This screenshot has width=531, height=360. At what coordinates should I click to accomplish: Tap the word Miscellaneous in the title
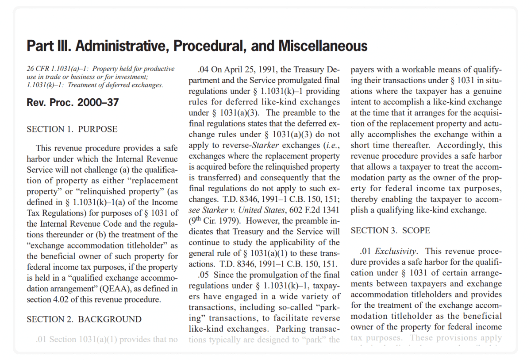pyautogui.click(x=323, y=46)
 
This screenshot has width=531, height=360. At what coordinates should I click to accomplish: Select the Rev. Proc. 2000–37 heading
pyautogui.click(x=73, y=103)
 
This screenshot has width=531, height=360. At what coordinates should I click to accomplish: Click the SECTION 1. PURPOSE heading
pyautogui.click(x=72, y=129)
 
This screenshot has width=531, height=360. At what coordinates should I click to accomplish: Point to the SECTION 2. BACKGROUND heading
pyautogui.click(x=84, y=319)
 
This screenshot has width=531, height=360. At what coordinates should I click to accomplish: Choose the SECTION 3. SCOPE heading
pyautogui.click(x=390, y=231)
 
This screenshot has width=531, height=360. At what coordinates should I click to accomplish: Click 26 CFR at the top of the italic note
pyautogui.click(x=37, y=69)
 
